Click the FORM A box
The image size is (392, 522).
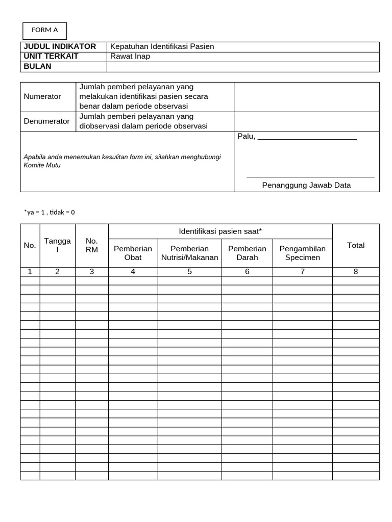[45, 31]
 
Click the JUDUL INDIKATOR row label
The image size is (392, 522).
[60, 46]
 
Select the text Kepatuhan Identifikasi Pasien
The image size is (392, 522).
[162, 46]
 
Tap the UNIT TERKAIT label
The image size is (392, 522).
[51, 56]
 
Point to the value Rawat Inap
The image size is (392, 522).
[130, 56]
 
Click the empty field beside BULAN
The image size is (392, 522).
[243, 67]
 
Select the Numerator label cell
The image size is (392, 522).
[42, 96]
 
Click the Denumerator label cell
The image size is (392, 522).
[46, 121]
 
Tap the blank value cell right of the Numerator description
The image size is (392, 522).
[306, 96]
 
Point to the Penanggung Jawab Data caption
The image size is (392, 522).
[306, 185]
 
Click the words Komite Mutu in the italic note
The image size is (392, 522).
[42, 166]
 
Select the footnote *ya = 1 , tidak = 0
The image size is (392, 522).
[50, 212]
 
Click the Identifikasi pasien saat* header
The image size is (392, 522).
[220, 231]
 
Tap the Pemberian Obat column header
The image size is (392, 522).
[133, 253]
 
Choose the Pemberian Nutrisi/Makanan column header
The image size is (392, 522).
[189, 253]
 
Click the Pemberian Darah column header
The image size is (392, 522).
[247, 253]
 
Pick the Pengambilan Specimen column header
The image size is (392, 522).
[302, 253]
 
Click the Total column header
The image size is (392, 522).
[356, 245]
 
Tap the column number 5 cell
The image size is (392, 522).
[189, 272]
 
